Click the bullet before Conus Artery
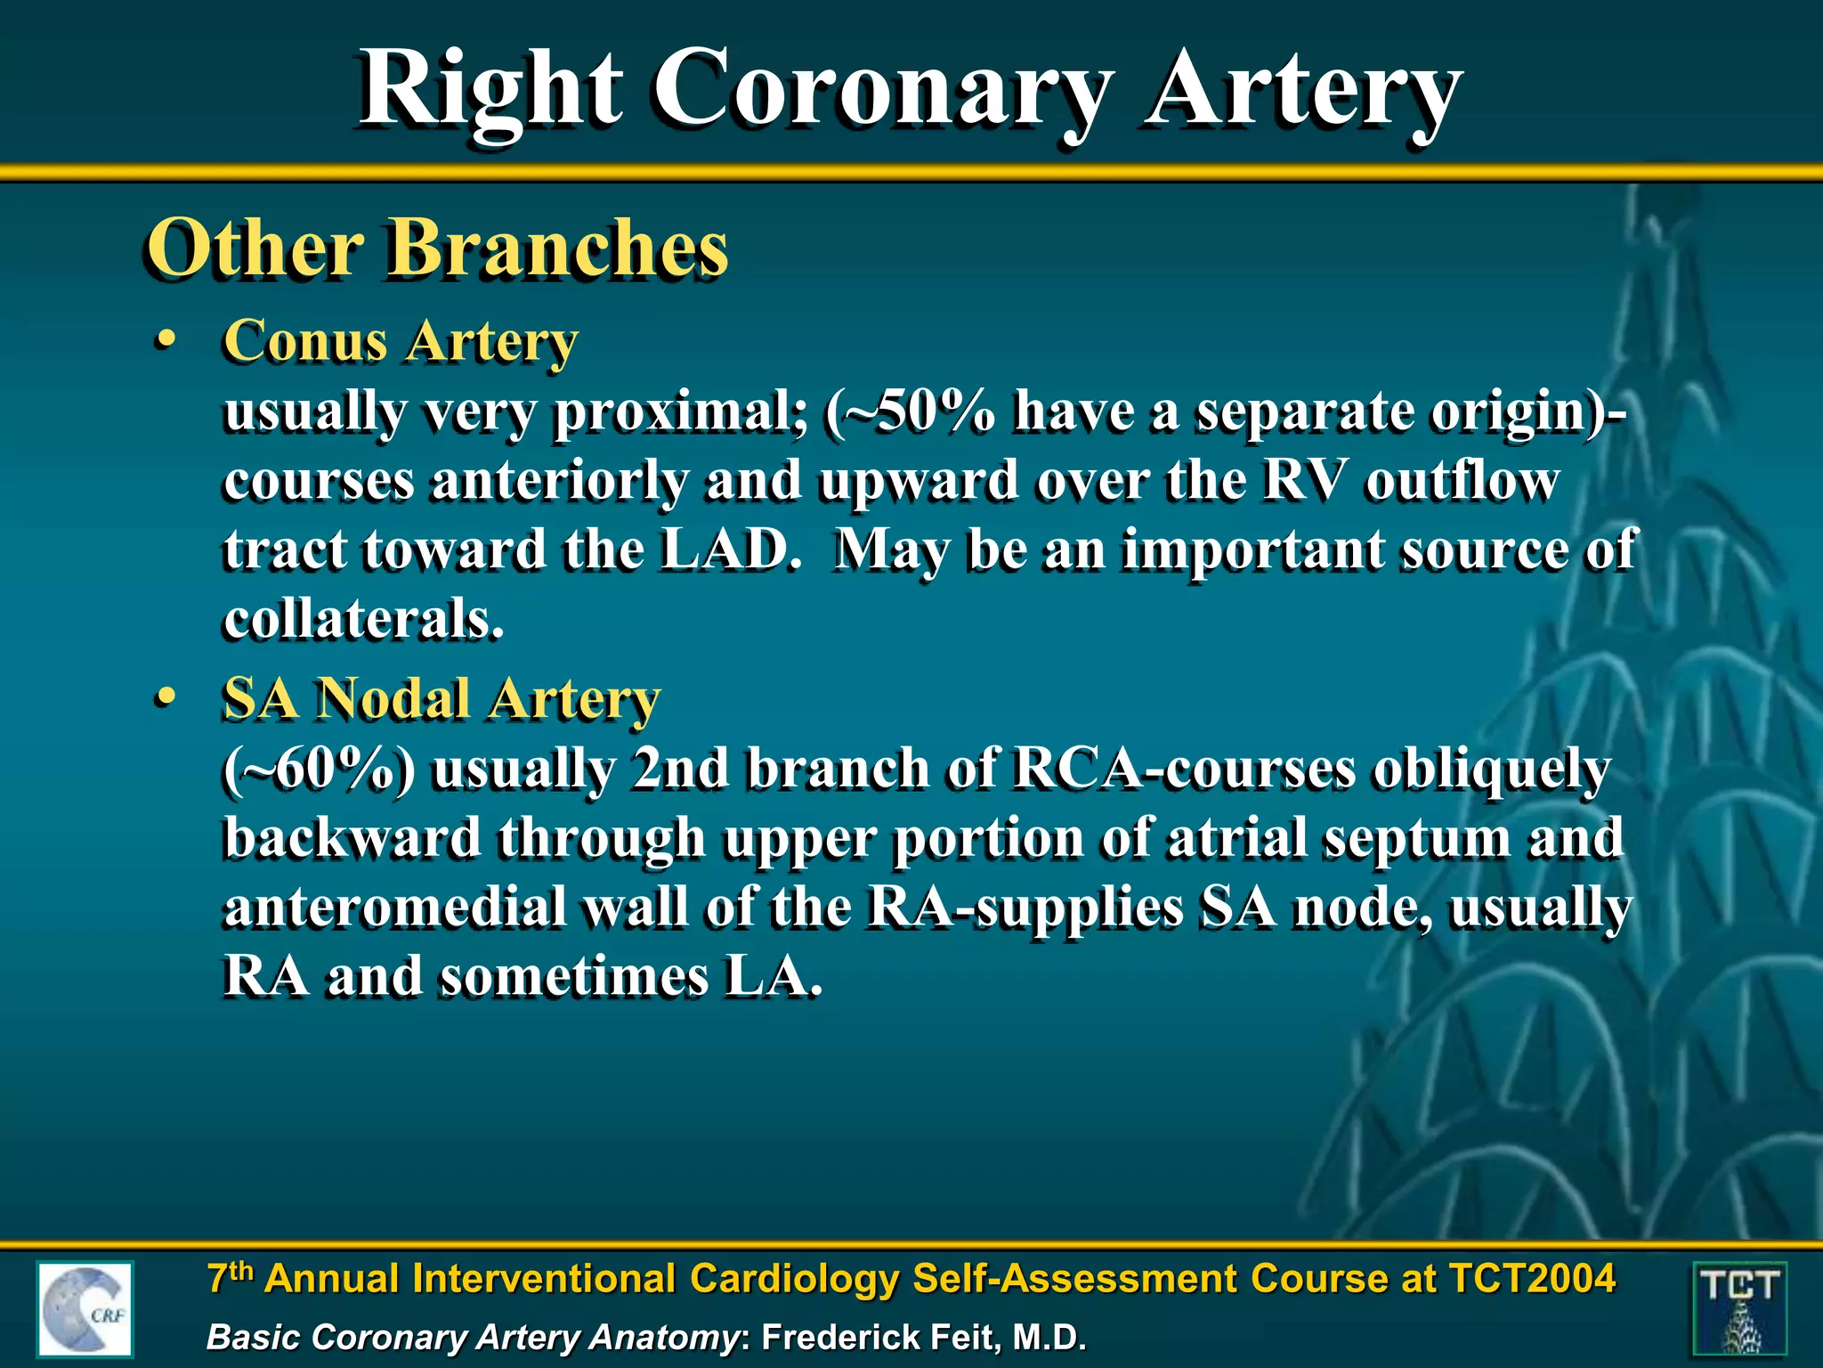click(x=164, y=343)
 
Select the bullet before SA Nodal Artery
click(x=164, y=698)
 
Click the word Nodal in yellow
click(x=393, y=698)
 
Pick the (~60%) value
click(x=318, y=769)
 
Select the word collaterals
click(x=363, y=620)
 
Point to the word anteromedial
click(x=393, y=908)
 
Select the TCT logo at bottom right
click(x=1738, y=1308)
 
